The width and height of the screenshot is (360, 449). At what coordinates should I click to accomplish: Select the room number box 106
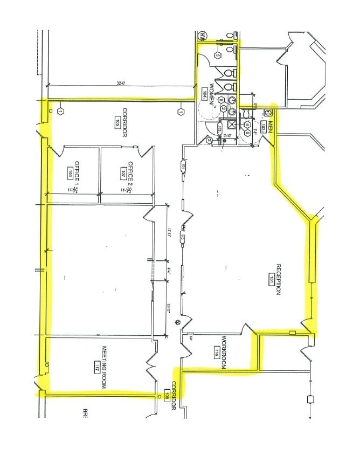(x=70, y=173)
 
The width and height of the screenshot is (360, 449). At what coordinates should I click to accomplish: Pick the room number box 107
(x=123, y=173)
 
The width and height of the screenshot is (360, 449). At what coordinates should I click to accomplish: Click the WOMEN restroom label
(x=212, y=94)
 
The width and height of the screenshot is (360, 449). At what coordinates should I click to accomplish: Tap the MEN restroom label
(x=271, y=128)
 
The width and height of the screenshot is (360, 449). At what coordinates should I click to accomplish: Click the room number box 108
(x=166, y=397)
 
